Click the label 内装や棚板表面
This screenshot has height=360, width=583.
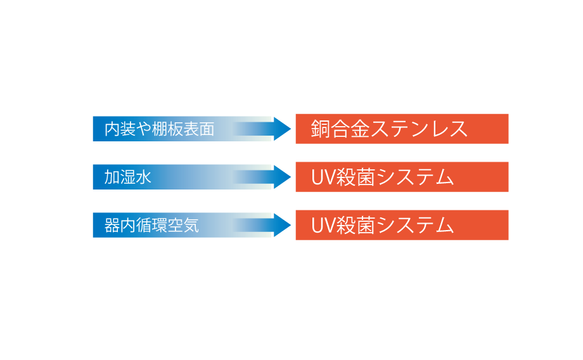coord(159,129)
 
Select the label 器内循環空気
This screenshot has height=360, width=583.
coord(151,226)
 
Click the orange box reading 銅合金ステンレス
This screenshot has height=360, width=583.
coord(402,129)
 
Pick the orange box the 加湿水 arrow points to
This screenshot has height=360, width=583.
coord(402,177)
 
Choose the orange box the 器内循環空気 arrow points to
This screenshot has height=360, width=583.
coord(402,225)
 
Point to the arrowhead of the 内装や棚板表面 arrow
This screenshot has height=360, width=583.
coord(281,129)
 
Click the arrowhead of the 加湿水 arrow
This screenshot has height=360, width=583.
coord(281,177)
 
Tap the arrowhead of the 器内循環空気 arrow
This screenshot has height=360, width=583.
coord(281,225)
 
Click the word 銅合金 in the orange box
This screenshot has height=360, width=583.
coord(342,129)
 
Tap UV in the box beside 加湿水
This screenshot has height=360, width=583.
coord(323,177)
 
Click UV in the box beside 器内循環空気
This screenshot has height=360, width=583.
coord(323,226)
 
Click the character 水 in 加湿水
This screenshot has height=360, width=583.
coord(144,177)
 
